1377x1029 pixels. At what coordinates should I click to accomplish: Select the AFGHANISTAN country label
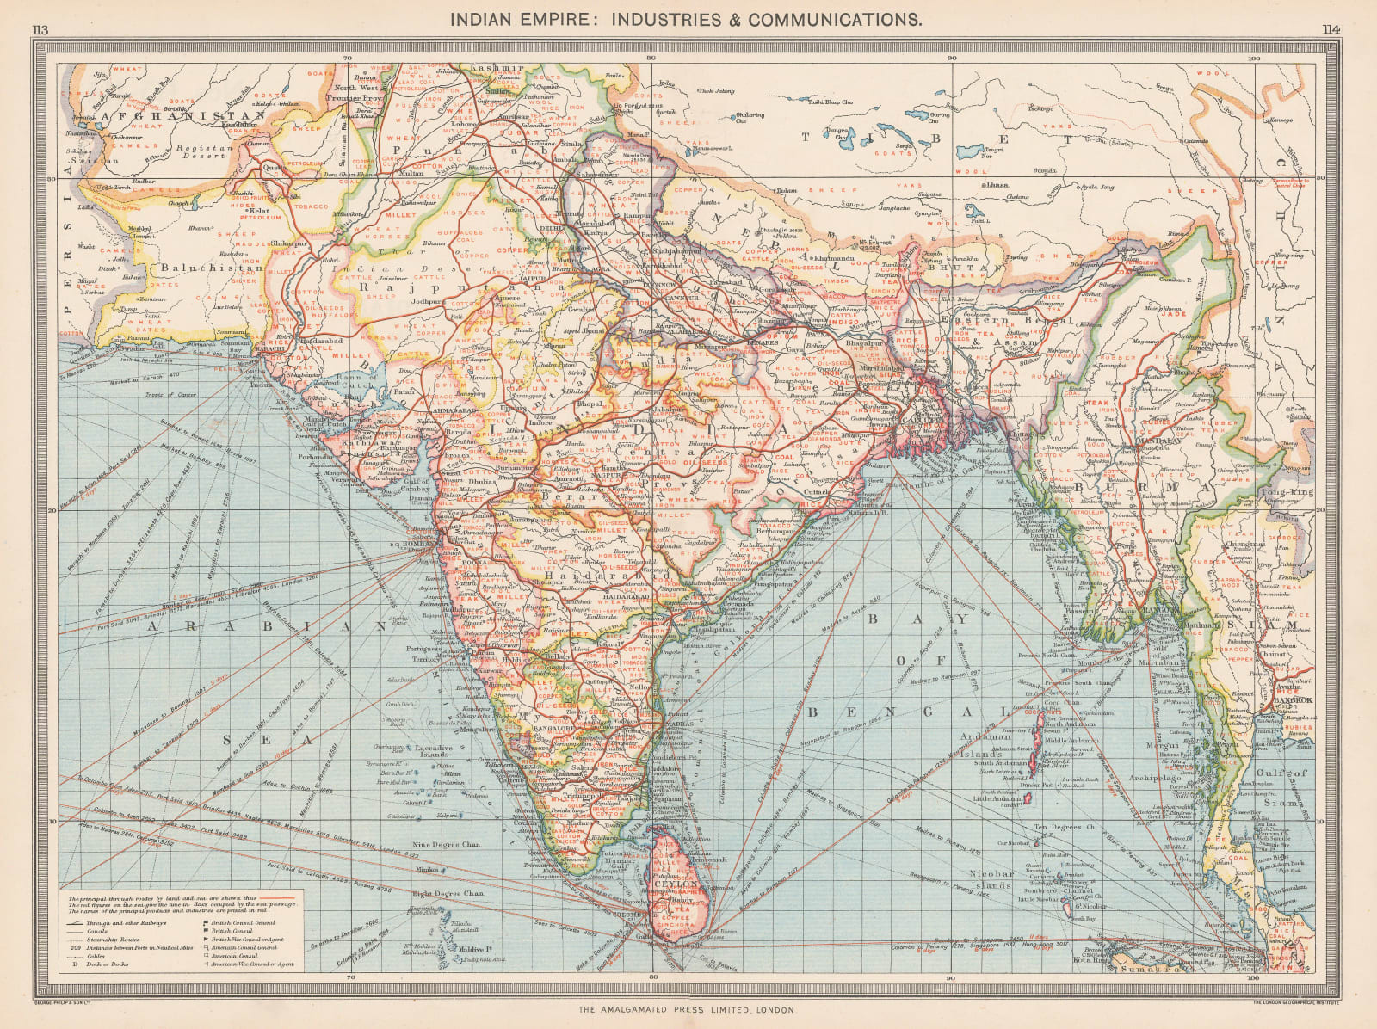point(179,115)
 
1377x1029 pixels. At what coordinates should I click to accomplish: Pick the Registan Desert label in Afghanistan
point(203,151)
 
